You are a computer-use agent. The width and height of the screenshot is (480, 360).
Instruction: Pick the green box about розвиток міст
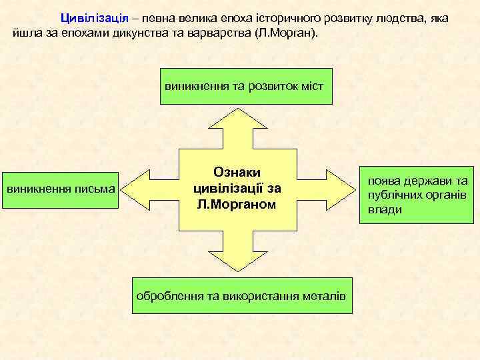245,86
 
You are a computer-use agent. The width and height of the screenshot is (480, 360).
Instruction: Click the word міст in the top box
311,86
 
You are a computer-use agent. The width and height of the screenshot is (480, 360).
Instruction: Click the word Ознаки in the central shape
236,173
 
